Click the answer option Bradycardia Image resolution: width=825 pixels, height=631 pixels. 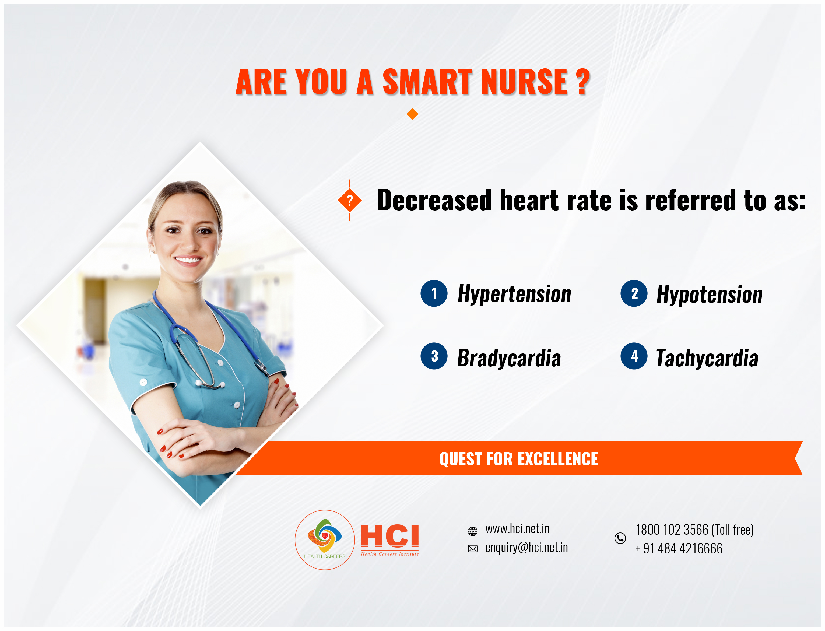509,358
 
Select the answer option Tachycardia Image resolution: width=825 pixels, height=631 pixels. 707,358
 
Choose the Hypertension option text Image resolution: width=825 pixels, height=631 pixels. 514,294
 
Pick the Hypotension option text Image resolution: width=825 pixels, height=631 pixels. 709,294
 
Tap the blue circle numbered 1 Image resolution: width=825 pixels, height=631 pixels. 434,293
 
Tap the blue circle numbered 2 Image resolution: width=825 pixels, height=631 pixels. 634,293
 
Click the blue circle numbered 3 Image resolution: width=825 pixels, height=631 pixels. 434,356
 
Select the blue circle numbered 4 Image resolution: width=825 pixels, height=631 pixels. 634,356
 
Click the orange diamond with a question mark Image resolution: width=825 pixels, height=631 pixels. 350,201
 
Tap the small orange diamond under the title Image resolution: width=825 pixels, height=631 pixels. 412,114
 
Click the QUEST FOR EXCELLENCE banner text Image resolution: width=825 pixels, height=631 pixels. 519,459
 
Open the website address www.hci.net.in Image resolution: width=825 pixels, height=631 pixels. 517,529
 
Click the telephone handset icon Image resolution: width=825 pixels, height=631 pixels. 620,538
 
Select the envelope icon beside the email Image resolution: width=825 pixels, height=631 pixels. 473,549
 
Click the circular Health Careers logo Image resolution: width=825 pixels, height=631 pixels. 325,540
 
